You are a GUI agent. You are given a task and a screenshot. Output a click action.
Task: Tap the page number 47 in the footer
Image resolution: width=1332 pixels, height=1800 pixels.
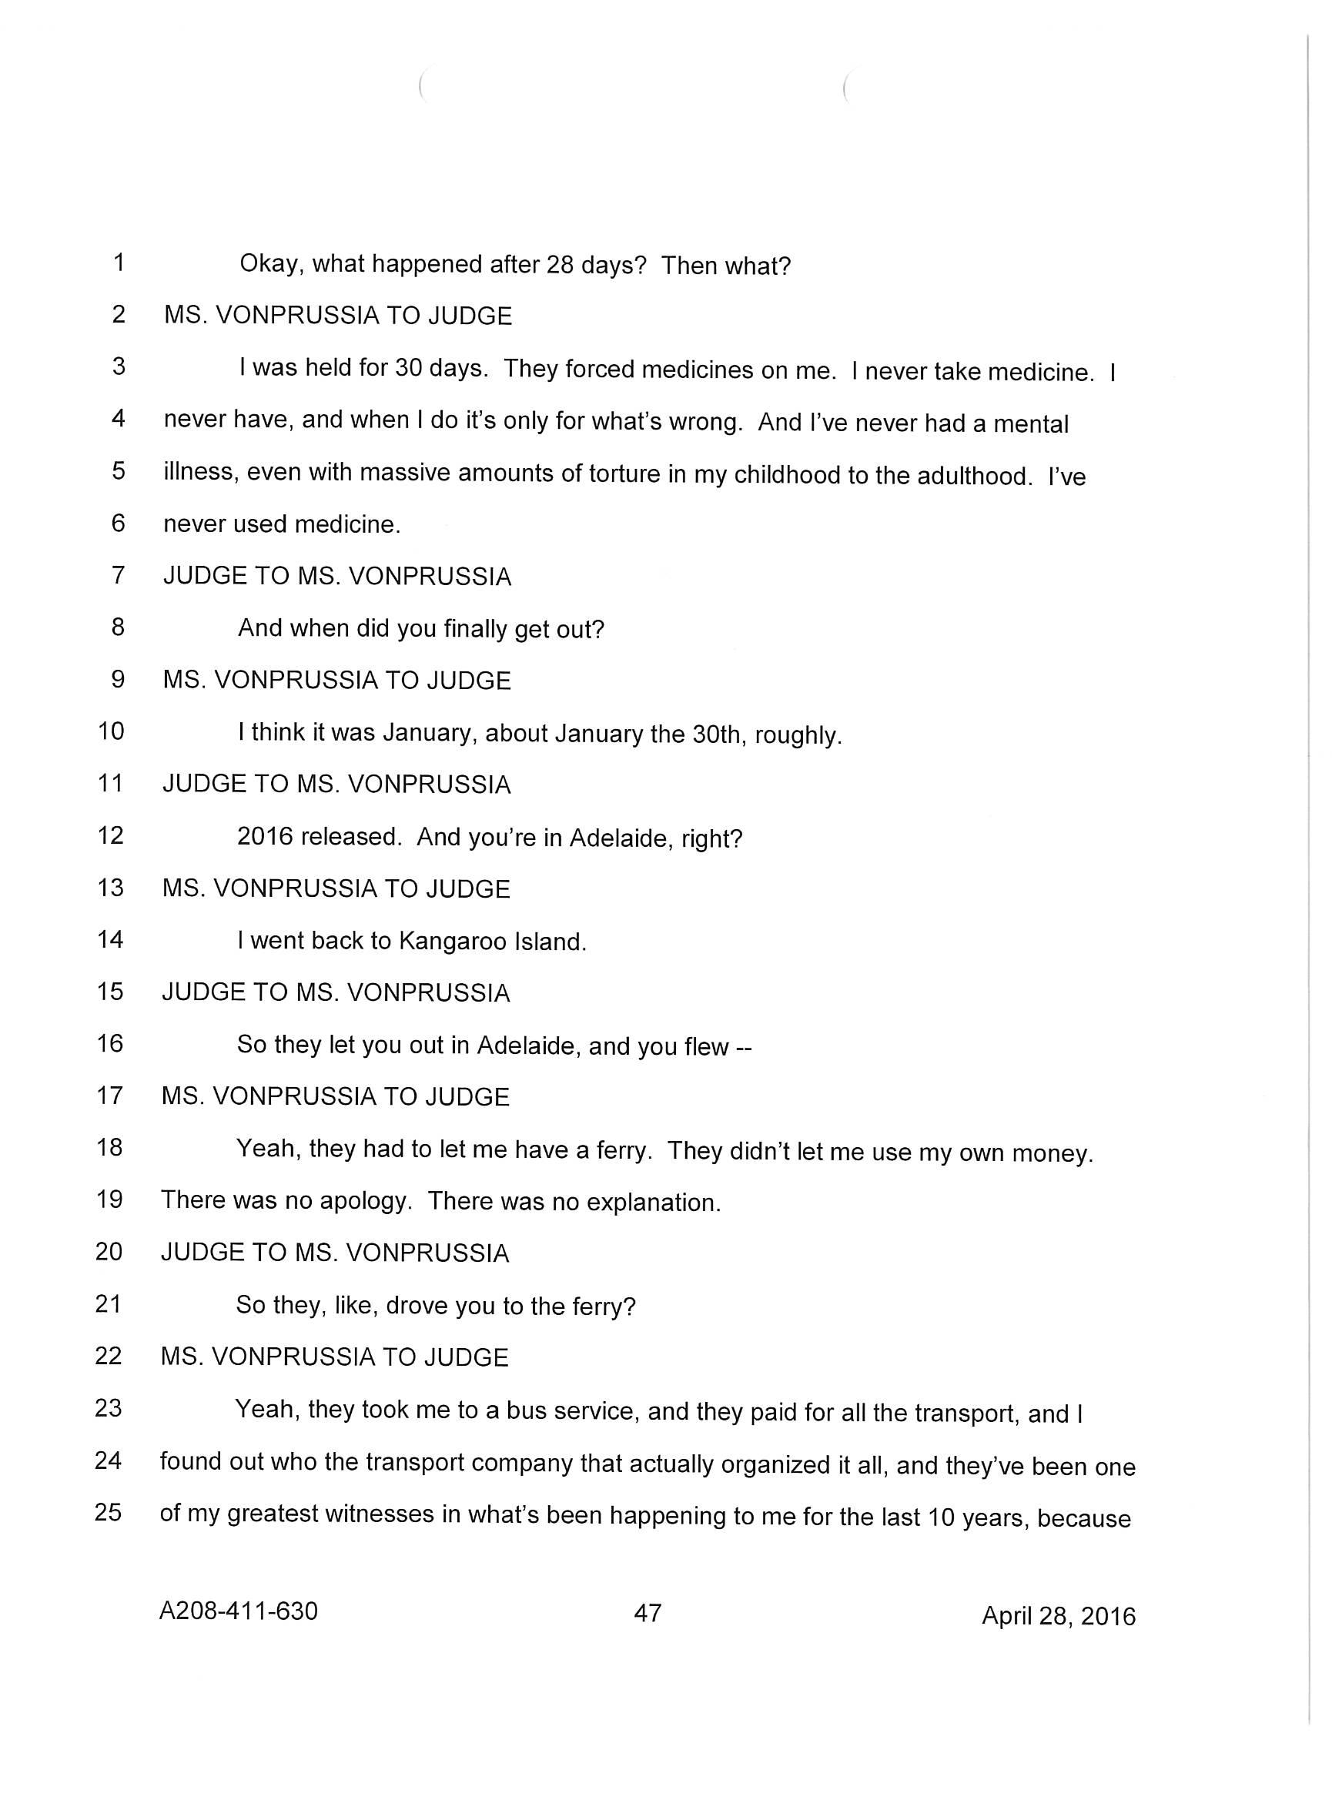(648, 1612)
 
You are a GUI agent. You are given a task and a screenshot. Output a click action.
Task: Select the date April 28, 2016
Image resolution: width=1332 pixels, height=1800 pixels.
(1058, 1615)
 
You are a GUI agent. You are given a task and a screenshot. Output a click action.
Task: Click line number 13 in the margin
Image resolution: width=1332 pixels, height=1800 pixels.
(109, 888)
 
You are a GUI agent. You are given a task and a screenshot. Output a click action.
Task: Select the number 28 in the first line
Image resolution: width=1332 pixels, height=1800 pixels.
(559, 265)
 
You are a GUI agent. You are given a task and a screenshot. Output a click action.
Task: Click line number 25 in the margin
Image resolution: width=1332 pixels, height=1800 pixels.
(108, 1511)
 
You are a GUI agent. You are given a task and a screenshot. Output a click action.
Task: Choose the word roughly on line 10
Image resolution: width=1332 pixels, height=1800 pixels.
(798, 736)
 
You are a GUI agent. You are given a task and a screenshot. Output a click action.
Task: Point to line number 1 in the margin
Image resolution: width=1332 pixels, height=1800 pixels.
(119, 263)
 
